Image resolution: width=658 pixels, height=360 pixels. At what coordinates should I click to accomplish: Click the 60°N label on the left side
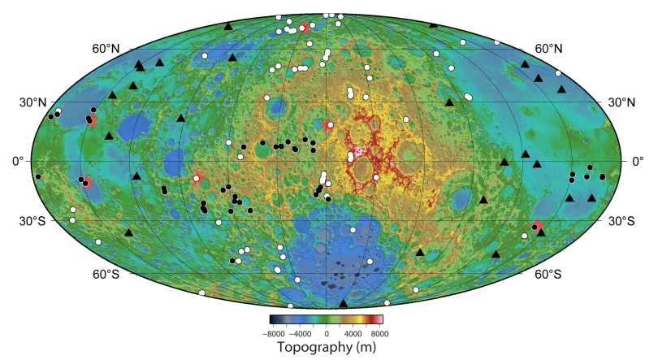coord(106,50)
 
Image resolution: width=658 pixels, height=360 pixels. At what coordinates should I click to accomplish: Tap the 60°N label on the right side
coord(550,50)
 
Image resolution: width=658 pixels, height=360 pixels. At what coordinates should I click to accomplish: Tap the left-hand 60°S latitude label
coord(106,275)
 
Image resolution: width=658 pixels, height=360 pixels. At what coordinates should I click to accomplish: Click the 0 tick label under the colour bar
coord(327,333)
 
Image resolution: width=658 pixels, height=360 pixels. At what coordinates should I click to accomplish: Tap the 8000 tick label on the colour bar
coord(378,333)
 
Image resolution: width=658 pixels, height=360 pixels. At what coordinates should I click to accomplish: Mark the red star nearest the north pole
coord(305,28)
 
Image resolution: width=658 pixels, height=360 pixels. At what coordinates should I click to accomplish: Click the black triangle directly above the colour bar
coord(343,303)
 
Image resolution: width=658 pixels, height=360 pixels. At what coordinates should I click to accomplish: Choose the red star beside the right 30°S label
coord(536,227)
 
